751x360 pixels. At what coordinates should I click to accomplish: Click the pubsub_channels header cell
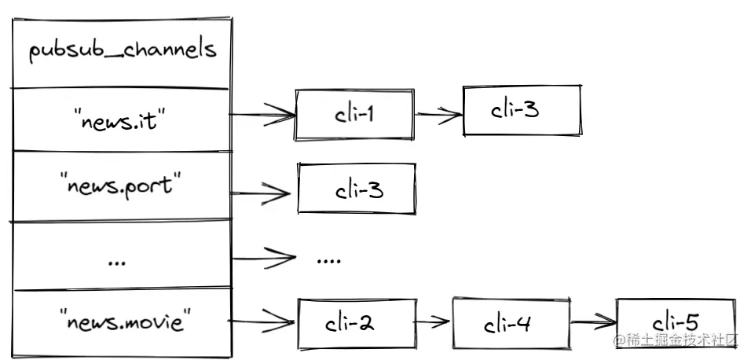pos(122,50)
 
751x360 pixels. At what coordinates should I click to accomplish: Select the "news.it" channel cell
pos(122,119)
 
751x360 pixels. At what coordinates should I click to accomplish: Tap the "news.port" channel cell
pos(122,188)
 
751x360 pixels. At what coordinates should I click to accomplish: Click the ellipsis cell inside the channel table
pos(122,256)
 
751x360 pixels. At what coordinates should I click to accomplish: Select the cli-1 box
pos(354,115)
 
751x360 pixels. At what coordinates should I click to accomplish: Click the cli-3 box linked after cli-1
pos(522,109)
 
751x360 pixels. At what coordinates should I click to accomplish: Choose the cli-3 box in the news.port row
pos(356,189)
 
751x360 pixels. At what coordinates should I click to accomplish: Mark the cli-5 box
pos(676,321)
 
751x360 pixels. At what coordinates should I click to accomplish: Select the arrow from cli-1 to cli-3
pos(438,115)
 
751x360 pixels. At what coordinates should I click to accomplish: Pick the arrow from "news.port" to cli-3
pos(263,191)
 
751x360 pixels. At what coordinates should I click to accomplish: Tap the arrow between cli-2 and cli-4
pos(432,321)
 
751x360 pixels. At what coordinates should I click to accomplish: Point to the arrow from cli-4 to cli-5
pos(593,321)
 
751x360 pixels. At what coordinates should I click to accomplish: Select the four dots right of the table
pos(328,259)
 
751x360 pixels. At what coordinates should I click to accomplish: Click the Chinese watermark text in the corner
pos(678,340)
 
